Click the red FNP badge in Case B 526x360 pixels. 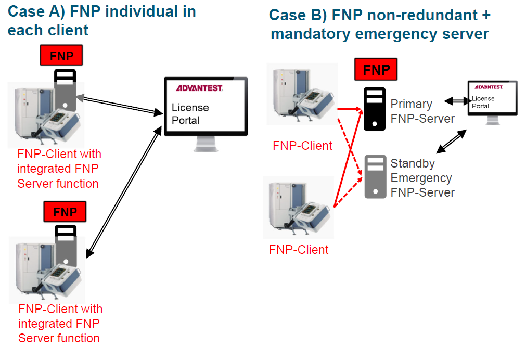tap(376, 69)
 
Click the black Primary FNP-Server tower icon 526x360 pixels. tap(374, 108)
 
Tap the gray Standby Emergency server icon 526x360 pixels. tap(374, 176)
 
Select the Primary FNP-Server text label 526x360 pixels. tap(422, 111)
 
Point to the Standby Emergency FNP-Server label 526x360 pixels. tap(422, 178)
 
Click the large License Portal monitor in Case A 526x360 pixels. tap(206, 106)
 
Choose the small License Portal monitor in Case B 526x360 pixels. tap(492, 99)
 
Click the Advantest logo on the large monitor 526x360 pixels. tap(199, 88)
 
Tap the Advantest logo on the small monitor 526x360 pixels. tap(490, 87)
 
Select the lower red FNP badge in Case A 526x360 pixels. tap(65, 212)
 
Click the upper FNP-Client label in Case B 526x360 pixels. tap(302, 146)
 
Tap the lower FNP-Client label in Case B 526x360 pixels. tap(299, 250)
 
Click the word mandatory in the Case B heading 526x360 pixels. tap(312, 34)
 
